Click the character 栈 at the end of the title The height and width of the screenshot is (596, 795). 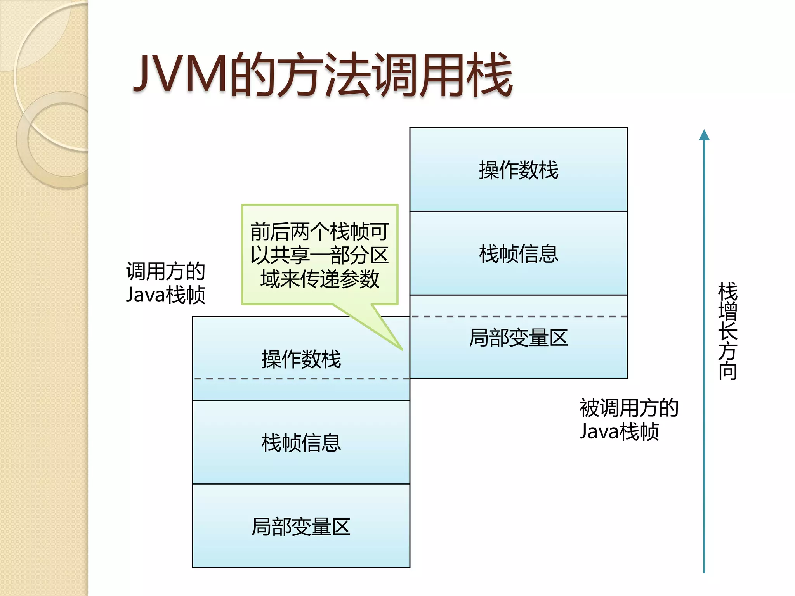coord(490,74)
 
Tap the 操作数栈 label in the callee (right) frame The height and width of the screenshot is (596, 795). coord(518,170)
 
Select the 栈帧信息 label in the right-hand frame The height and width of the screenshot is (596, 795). coord(518,254)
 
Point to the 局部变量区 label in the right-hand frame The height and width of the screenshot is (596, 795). coord(518,338)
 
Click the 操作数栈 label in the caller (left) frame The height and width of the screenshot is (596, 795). coord(301,359)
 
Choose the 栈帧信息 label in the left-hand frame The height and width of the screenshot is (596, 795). coord(301,443)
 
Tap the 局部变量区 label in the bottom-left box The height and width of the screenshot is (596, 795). coord(301,527)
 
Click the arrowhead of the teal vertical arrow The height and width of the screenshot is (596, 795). coord(704,135)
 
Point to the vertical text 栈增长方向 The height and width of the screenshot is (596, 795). coord(727,331)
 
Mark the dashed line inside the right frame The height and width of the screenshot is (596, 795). coord(518,317)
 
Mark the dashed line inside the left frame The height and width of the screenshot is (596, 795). coord(301,378)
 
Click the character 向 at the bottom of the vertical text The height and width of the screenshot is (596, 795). coord(727,371)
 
